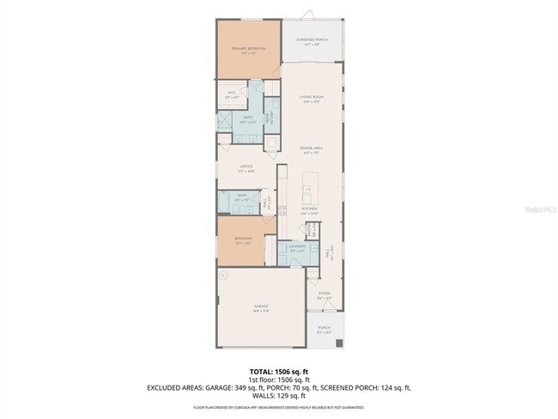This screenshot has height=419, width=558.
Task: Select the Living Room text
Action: (x=311, y=98)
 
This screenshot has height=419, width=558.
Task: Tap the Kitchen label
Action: (x=309, y=209)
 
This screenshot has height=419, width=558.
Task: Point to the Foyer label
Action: (x=324, y=294)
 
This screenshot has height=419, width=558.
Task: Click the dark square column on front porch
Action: (x=338, y=343)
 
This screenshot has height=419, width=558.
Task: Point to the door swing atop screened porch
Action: (x=312, y=17)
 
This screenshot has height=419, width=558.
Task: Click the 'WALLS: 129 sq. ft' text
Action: (x=279, y=397)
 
